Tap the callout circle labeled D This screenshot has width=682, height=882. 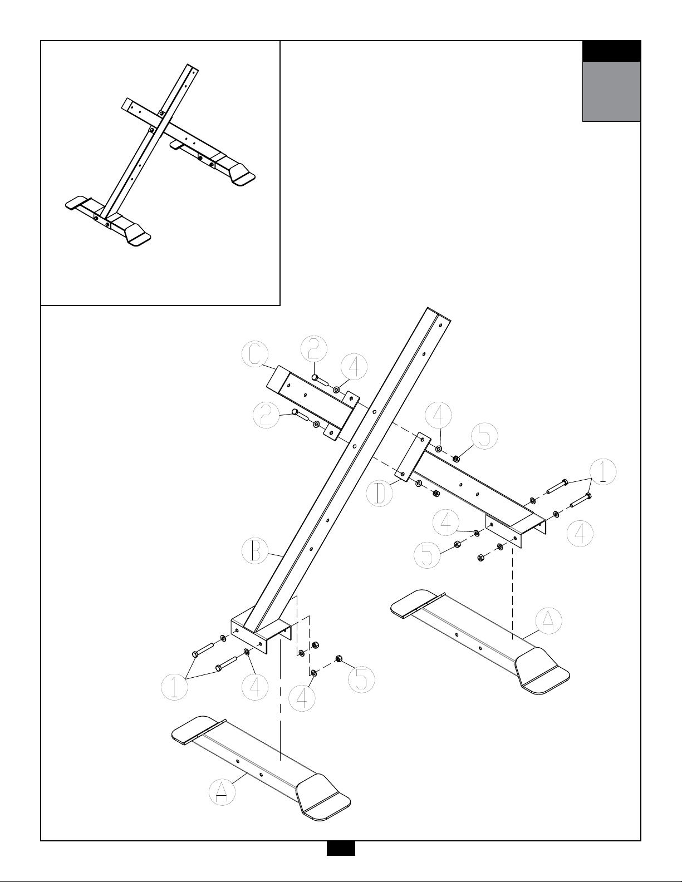point(380,493)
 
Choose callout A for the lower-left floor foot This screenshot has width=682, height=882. point(222,791)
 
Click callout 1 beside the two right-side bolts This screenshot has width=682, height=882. point(603,471)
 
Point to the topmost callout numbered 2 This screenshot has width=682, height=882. point(314,349)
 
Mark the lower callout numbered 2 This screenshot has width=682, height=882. point(266,415)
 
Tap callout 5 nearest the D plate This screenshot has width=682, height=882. point(484,437)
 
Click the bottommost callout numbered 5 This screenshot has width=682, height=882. point(361,679)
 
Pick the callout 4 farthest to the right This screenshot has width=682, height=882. point(580,533)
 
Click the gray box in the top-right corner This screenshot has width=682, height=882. point(611,91)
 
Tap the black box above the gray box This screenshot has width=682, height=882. point(611,51)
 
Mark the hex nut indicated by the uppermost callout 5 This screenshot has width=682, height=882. point(455,459)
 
